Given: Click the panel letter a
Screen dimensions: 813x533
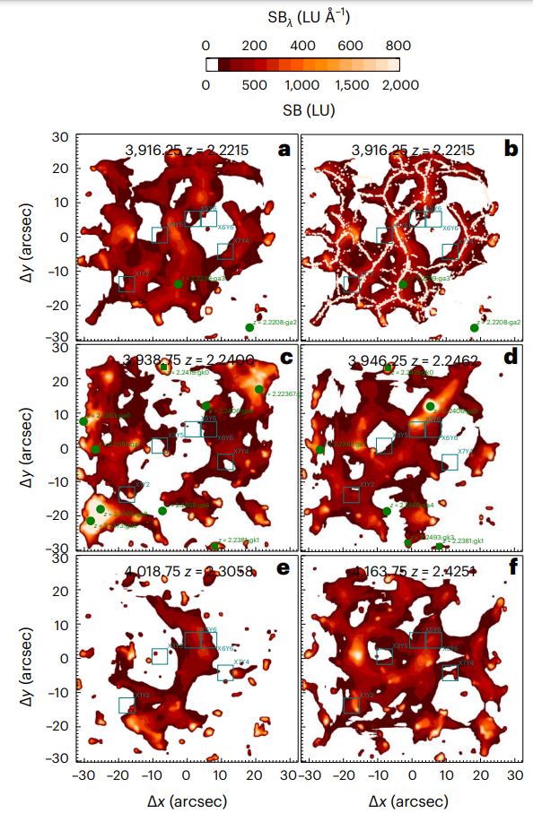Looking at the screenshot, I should pyautogui.click(x=284, y=150).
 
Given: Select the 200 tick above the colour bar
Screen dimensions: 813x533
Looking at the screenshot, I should pyautogui.click(x=254, y=46).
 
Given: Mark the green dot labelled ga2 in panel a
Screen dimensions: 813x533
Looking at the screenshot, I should pyautogui.click(x=249, y=328).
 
